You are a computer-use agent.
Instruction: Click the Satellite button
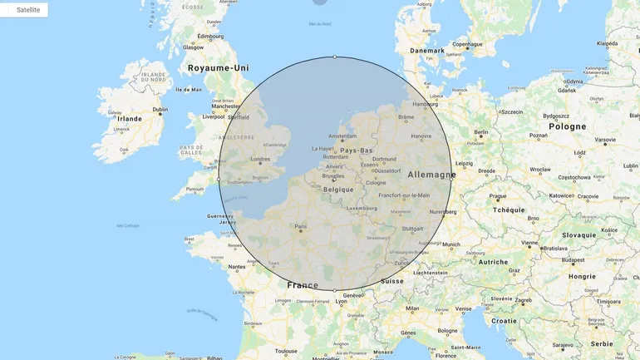pos(24,10)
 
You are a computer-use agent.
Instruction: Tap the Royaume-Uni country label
pos(218,68)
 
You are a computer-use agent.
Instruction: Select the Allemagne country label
pos(431,175)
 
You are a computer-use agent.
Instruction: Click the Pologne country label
pos(568,126)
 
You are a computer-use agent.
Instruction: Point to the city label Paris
pos(300,226)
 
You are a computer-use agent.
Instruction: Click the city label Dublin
pos(160,110)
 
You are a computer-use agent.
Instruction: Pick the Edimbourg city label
pos(210,37)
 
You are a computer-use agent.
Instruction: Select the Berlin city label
pos(481,132)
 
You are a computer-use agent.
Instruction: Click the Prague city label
pos(498,197)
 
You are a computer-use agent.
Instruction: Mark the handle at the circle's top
pos(335,57)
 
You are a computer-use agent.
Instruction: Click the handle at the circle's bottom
pos(335,290)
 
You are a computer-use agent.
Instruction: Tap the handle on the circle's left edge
pos(219,179)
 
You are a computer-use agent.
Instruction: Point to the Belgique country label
pos(338,189)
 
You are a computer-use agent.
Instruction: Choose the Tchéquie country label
pos(509,210)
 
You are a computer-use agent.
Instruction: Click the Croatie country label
pos(504,320)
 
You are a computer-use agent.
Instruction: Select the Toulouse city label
pos(287,351)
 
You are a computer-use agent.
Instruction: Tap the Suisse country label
pos(391,281)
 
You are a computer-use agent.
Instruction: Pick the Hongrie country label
pos(583,276)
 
